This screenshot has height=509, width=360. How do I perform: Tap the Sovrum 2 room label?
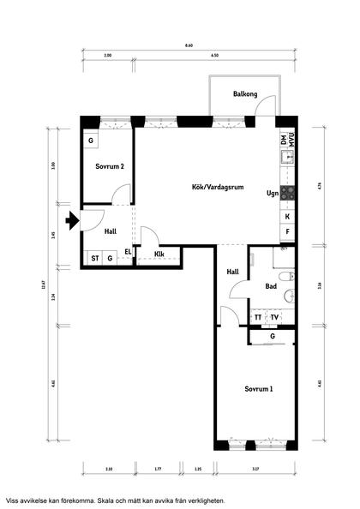[109, 166]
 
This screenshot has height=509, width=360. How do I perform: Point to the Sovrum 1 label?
[259, 389]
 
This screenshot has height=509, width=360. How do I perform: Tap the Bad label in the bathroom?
[271, 286]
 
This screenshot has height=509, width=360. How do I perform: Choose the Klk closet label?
[159, 254]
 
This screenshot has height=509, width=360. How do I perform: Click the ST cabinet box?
[95, 257]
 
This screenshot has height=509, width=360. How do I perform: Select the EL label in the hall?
[129, 251]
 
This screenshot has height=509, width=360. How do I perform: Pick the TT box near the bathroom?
[258, 318]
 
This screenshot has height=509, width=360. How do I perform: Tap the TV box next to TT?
[274, 318]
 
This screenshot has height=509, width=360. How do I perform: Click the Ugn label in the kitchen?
[272, 194]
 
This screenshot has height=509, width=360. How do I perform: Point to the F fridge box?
[287, 232]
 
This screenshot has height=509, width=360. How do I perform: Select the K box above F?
[287, 217]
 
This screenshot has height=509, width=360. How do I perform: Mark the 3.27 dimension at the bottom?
[256, 469]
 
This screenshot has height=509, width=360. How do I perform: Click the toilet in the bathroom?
[289, 276]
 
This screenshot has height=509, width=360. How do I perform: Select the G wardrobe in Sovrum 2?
[91, 140]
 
